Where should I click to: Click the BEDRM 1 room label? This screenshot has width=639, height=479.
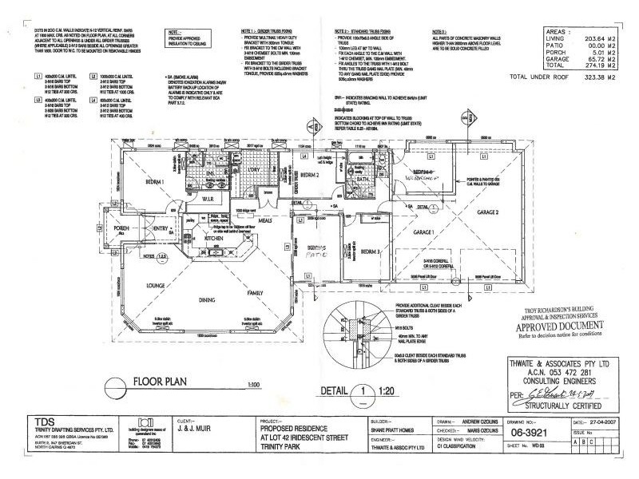pos(153,183)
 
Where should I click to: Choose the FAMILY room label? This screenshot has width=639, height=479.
pos(255,294)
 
